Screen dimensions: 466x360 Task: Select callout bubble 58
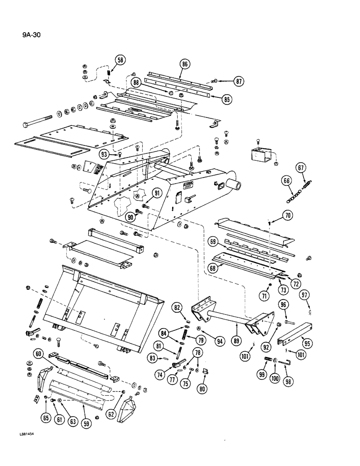(120, 60)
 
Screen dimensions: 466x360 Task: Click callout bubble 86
(185, 65)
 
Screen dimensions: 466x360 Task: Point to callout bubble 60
(39, 355)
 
